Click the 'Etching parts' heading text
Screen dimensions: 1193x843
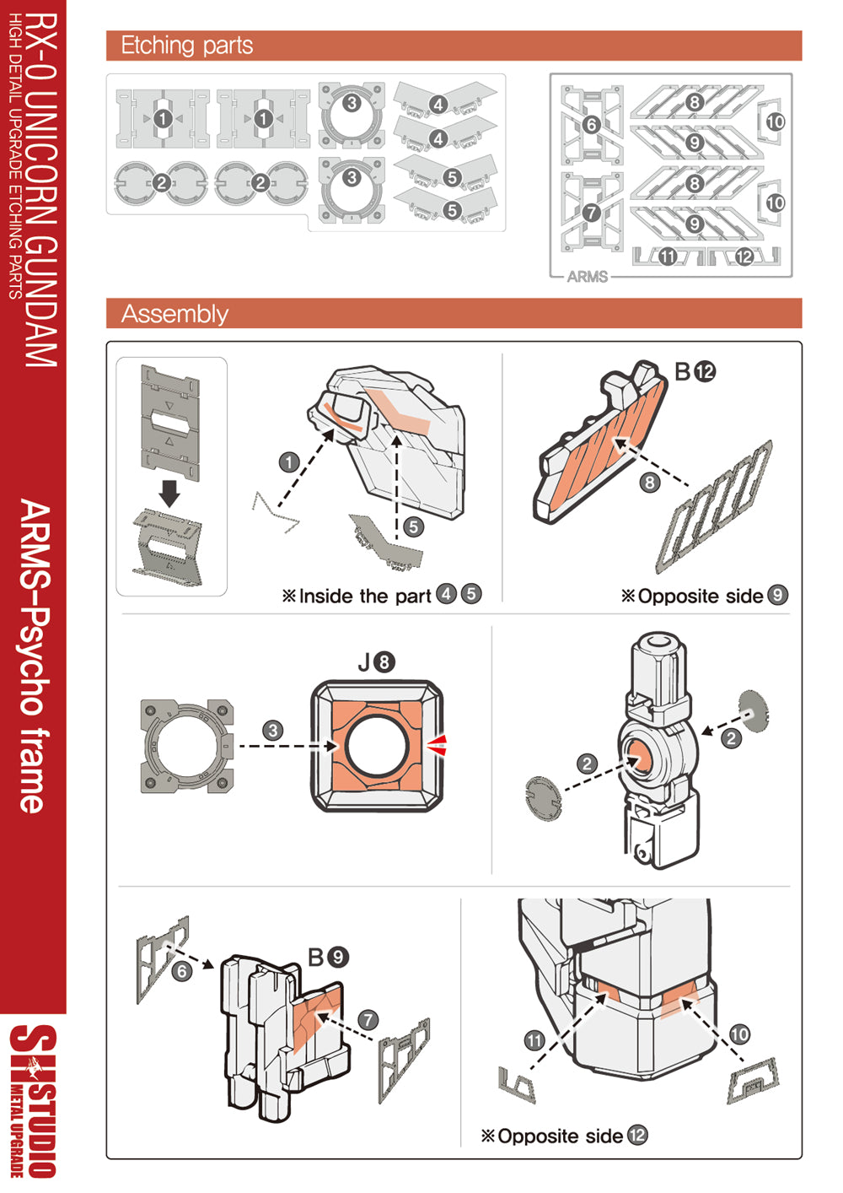[x=186, y=46]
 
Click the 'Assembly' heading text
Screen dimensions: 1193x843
[x=175, y=314]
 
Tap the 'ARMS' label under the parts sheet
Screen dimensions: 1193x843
[x=587, y=277]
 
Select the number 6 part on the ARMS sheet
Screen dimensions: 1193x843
[x=591, y=125]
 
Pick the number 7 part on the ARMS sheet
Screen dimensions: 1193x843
[x=591, y=213]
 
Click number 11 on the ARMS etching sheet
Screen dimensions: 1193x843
[x=667, y=256]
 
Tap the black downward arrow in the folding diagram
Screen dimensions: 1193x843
[x=170, y=493]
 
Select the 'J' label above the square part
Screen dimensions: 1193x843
[x=364, y=663]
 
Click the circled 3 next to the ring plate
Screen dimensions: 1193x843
[x=272, y=731]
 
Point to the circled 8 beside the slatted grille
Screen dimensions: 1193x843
[x=649, y=483]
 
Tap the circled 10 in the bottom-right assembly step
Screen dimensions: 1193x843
[x=739, y=1034]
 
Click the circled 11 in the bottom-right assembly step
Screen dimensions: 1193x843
[x=534, y=1040]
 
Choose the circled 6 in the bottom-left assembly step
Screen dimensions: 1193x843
[x=182, y=972]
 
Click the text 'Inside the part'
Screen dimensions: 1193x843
[x=364, y=596]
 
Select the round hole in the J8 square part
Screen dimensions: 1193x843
[x=378, y=746]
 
